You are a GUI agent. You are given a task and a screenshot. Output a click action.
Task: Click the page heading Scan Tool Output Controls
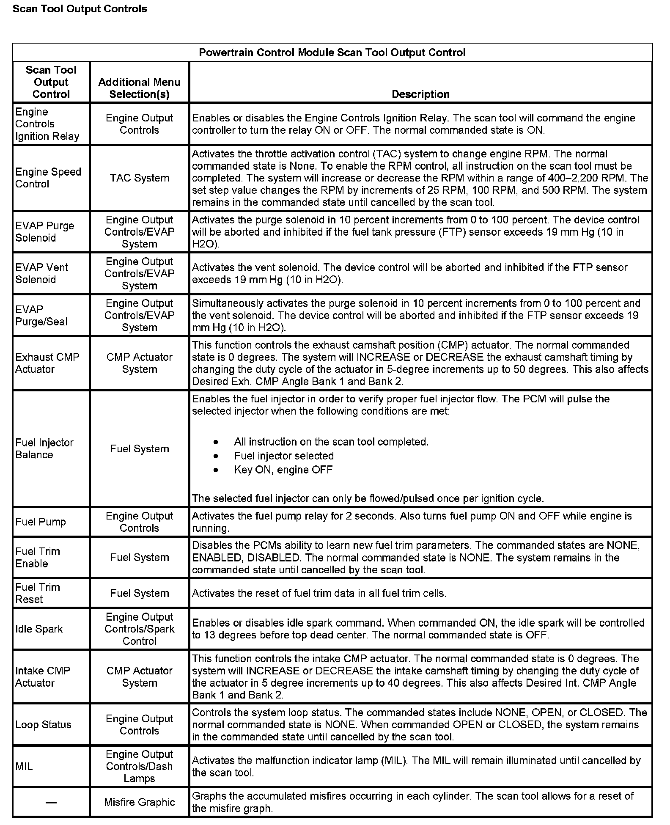click(80, 9)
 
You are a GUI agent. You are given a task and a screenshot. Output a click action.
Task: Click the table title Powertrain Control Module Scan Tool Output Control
click(332, 52)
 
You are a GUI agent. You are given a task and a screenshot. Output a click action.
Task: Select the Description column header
click(420, 94)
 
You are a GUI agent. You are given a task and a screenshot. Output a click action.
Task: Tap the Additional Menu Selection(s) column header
click(139, 88)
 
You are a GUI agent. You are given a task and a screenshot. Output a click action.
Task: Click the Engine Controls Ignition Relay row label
click(47, 124)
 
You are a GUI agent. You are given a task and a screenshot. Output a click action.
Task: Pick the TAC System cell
click(139, 178)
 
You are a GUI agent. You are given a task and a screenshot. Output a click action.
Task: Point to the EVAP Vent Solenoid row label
click(41, 273)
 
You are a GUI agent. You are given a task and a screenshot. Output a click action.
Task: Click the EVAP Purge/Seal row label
click(41, 315)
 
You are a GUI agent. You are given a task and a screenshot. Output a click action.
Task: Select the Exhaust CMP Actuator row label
click(47, 363)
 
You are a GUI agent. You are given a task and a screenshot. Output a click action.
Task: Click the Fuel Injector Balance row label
click(44, 448)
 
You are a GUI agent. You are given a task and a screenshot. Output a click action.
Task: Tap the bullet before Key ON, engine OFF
click(216, 470)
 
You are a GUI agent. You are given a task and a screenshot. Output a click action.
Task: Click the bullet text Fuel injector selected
click(284, 456)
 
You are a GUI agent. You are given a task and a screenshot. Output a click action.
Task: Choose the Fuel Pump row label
click(41, 522)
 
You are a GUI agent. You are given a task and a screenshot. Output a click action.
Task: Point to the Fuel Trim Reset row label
click(37, 593)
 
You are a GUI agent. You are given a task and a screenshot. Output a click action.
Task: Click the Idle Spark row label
click(39, 629)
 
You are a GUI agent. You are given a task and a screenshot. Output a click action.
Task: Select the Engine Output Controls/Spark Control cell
click(139, 629)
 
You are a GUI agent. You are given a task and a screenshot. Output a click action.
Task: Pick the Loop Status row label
click(43, 724)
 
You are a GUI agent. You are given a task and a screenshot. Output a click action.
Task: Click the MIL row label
click(24, 766)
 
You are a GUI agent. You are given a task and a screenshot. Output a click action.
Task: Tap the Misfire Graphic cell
click(139, 802)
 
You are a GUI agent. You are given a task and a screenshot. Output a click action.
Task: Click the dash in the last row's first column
click(51, 802)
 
